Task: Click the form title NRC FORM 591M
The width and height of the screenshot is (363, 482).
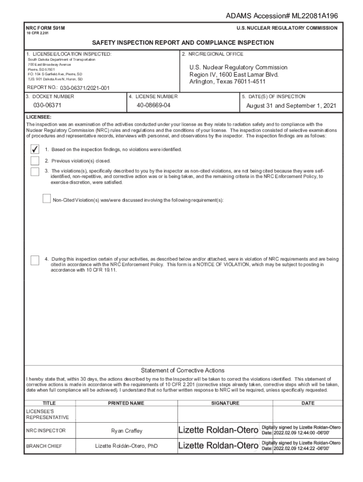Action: pyautogui.click(x=46, y=28)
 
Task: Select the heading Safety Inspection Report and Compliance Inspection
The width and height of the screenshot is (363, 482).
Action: pyautogui.click(x=182, y=43)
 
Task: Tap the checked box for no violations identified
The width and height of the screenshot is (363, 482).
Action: pyautogui.click(x=34, y=149)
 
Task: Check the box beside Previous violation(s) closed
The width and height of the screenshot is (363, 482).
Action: pyautogui.click(x=34, y=161)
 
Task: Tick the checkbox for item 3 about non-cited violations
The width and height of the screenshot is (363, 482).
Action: pyautogui.click(x=34, y=171)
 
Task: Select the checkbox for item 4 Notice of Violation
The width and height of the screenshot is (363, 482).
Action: pyautogui.click(x=34, y=260)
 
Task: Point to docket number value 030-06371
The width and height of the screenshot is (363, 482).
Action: pyautogui.click(x=47, y=105)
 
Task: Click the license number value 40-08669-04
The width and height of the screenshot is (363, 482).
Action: pyautogui.click(x=153, y=105)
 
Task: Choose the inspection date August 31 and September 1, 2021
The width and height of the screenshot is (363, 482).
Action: pyautogui.click(x=291, y=106)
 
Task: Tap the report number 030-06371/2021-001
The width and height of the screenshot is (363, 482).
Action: pyautogui.click(x=85, y=88)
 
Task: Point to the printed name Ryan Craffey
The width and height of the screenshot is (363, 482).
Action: pyautogui.click(x=126, y=431)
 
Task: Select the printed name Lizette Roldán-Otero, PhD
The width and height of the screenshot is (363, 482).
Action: pyautogui.click(x=126, y=446)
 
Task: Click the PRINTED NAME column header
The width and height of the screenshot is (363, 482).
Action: pyautogui.click(x=126, y=403)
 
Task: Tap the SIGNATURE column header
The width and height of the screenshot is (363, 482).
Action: pyautogui.click(x=225, y=403)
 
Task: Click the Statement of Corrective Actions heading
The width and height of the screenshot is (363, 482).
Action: pyautogui.click(x=182, y=370)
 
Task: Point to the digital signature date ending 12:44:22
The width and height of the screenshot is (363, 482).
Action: pyautogui.click(x=296, y=449)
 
